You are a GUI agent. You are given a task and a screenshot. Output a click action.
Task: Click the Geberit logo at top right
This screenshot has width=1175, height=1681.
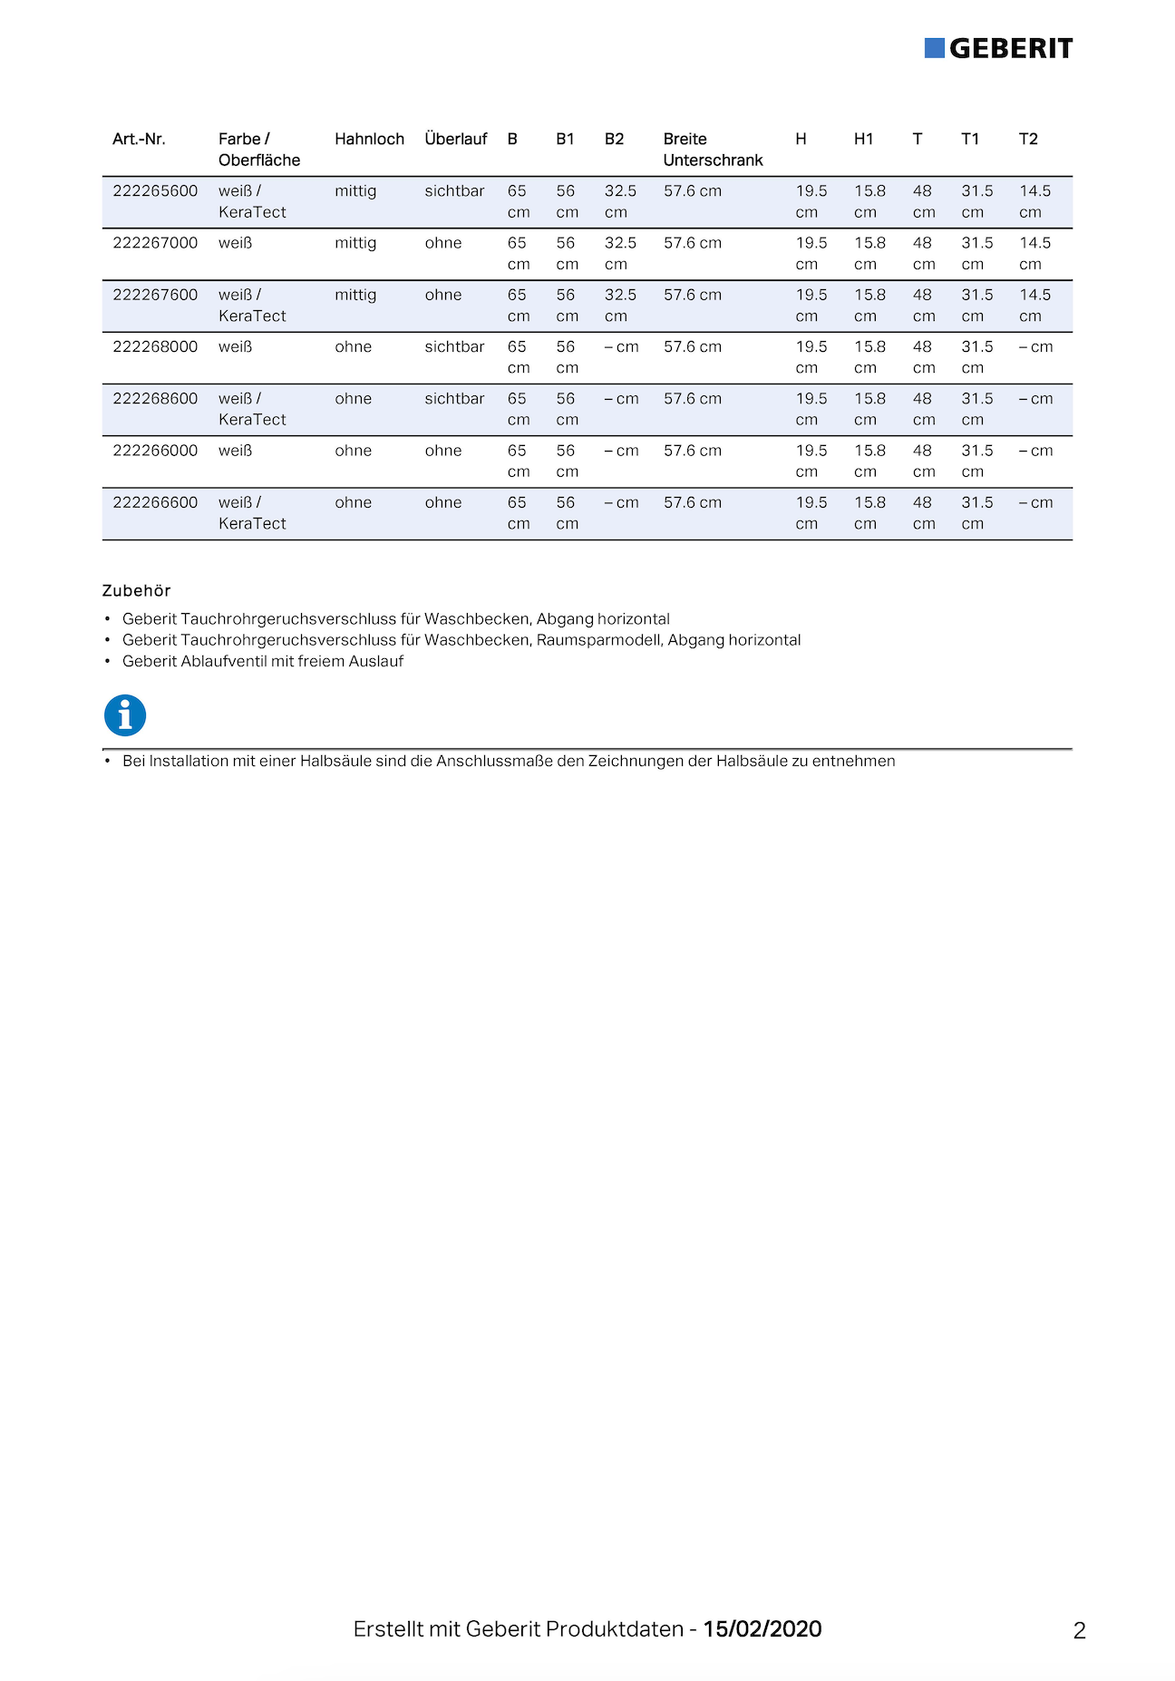click(998, 48)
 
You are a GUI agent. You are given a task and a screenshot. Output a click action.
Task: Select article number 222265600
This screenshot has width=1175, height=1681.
click(155, 191)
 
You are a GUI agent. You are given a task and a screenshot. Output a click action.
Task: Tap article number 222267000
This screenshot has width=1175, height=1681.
click(155, 243)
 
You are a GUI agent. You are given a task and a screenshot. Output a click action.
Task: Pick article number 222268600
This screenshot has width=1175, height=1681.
click(155, 399)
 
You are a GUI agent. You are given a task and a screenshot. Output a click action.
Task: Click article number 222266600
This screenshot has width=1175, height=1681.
click(155, 502)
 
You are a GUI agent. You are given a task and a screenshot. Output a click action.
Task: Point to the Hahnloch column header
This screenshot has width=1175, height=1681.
click(369, 139)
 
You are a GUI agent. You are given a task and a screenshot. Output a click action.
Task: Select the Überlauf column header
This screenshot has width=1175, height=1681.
click(455, 139)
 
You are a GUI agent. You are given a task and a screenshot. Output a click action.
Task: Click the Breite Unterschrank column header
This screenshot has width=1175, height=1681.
click(713, 150)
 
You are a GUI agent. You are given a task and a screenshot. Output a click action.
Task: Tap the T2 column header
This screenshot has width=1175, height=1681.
click(1028, 139)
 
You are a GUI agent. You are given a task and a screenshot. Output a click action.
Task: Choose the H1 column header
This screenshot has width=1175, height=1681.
click(863, 139)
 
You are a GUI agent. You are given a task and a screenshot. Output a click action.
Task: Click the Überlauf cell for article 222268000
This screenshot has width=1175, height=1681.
click(454, 347)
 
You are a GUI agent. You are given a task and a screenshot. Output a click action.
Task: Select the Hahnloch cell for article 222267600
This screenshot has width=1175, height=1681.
click(355, 296)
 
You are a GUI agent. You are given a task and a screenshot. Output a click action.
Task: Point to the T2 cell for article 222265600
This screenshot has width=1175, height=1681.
click(1034, 201)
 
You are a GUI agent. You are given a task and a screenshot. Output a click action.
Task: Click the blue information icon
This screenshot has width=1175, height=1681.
click(125, 715)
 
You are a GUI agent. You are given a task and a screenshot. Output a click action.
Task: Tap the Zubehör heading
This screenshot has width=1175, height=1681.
click(136, 591)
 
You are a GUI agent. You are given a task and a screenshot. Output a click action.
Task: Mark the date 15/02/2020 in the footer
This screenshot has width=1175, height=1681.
click(762, 1629)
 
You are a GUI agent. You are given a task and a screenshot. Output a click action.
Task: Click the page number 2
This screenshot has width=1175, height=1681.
click(1079, 1631)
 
